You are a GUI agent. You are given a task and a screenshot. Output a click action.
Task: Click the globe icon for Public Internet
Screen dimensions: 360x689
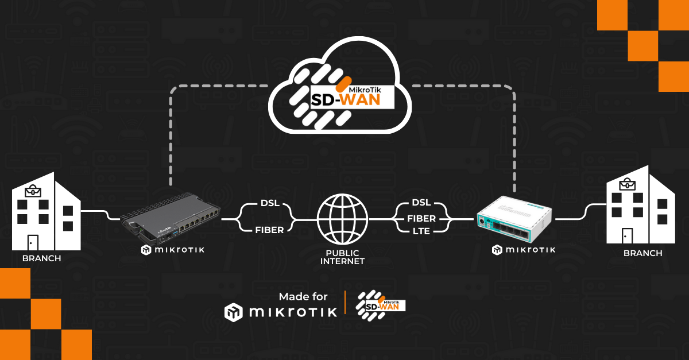pos(343,219)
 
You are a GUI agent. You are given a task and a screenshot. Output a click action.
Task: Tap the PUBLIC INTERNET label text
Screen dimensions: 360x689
pos(343,257)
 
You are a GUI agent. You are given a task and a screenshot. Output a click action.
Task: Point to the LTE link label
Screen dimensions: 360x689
pos(421,231)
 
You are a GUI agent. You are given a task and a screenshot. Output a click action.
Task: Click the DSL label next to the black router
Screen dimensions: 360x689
pos(270,204)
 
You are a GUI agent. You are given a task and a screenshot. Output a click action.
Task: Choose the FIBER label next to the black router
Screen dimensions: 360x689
pos(270,230)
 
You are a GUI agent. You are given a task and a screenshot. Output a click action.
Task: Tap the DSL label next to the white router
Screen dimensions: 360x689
pos(421,203)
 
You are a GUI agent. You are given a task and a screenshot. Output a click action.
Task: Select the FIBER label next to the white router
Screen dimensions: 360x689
pos(421,218)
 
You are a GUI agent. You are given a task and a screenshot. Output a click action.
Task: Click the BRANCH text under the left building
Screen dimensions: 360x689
pos(41,258)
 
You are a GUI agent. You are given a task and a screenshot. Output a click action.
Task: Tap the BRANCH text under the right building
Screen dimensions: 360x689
pos(642,253)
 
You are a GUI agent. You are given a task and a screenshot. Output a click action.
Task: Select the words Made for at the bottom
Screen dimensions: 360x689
pos(303,296)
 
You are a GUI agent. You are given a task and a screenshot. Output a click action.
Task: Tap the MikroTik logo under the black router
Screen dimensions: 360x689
pos(172,250)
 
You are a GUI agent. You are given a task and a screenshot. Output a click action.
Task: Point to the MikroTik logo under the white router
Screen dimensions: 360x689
pos(524,250)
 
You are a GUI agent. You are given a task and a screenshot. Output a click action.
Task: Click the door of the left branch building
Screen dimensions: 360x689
pos(32,242)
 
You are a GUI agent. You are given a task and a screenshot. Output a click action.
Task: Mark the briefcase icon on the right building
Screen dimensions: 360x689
pos(627,184)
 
